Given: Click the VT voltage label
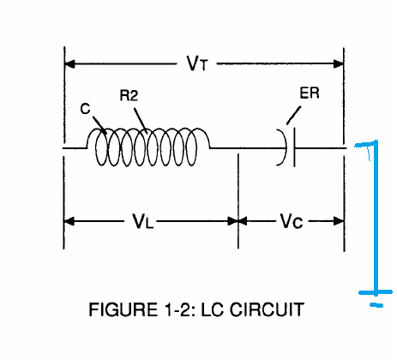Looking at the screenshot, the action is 197,63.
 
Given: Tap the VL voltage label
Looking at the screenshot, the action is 143,221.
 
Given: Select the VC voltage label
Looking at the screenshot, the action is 292,221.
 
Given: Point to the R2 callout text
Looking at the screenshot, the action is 129,95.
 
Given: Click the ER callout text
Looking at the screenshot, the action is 310,93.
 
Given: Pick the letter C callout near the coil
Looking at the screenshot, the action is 85,109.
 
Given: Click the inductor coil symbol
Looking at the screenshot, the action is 148,147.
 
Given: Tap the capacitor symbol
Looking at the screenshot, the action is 286,147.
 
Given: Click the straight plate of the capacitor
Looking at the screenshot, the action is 294,147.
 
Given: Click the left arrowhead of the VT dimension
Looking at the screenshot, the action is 70,63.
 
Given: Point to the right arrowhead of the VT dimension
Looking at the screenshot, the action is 339,63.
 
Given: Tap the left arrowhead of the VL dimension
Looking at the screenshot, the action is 69,221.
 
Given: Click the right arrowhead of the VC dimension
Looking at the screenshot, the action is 339,221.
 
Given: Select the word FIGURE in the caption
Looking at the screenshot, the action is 123,309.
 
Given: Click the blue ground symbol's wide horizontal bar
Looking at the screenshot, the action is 376,292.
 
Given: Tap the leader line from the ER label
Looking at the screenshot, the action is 293,116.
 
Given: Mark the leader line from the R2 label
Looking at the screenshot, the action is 141,121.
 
